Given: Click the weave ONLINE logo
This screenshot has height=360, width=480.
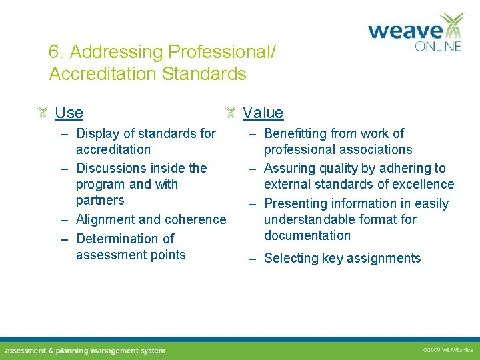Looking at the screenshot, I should [x=415, y=33].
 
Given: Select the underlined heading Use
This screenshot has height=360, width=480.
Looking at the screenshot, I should [x=69, y=113].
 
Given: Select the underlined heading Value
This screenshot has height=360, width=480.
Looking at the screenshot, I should [x=263, y=113].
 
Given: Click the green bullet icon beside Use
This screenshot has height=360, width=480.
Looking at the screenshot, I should [x=42, y=113].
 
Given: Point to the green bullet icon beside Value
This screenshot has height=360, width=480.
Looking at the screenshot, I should [x=230, y=113].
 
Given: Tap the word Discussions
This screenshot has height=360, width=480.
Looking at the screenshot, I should [x=115, y=168].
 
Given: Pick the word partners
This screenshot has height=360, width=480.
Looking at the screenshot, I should [x=100, y=200].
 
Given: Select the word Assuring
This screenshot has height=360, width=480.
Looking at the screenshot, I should [x=291, y=168].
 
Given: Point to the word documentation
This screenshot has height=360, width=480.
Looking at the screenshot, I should [x=307, y=235].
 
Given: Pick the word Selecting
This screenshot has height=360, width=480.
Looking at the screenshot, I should [x=293, y=258].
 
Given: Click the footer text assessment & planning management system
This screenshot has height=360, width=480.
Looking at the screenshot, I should [x=85, y=350].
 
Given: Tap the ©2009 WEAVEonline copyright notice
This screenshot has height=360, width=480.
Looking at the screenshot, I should [x=447, y=349].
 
